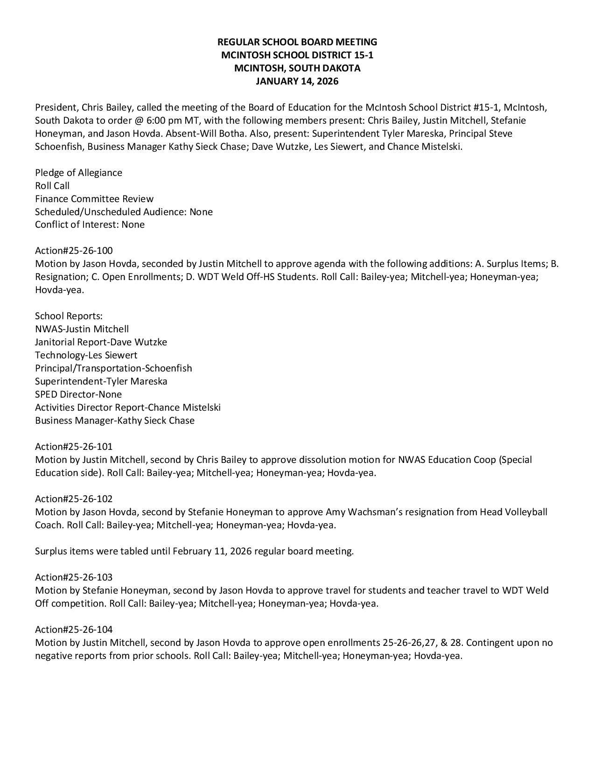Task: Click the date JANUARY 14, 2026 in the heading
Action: coord(297,81)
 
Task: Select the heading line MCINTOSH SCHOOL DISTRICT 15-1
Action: coord(297,55)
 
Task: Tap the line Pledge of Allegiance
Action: coord(78,173)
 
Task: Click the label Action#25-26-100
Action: coord(74,251)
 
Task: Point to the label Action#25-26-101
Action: coord(74,447)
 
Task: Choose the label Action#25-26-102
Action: coord(74,499)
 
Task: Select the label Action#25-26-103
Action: coord(74,577)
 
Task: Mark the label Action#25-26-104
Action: coord(74,630)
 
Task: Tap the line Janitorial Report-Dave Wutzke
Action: coord(101,342)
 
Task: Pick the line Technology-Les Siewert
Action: coord(86,355)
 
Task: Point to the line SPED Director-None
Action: coord(78,394)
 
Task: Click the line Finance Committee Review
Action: coord(94,199)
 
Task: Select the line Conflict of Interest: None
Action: coord(90,224)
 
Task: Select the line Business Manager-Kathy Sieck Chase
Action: coord(115,420)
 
